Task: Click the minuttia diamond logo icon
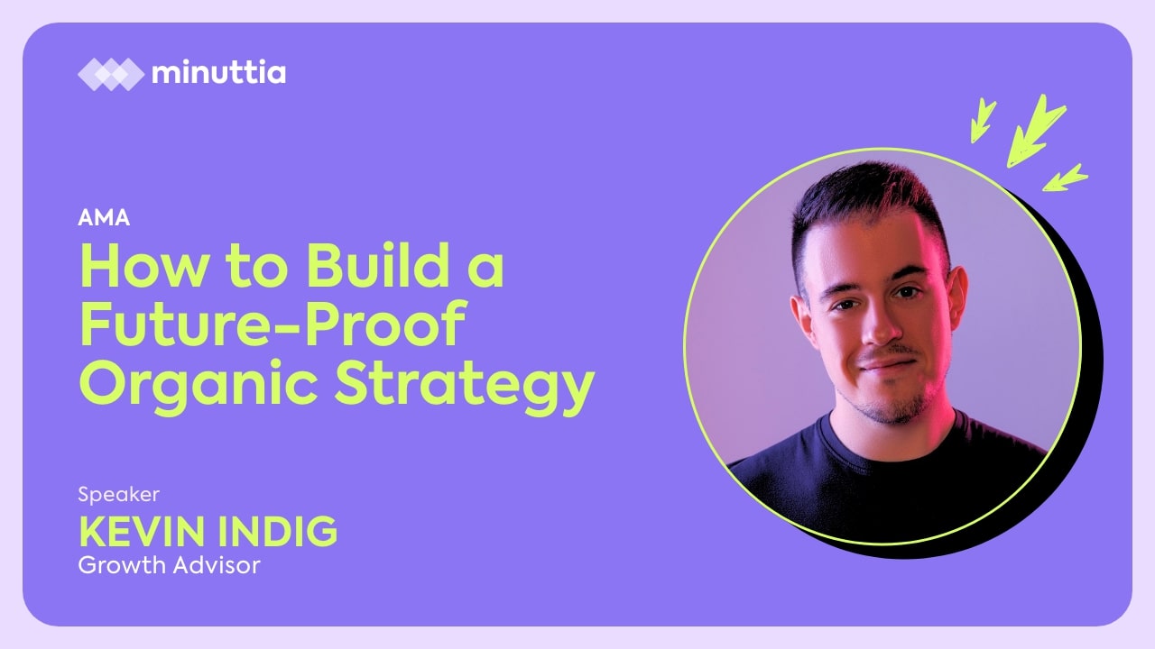[x=111, y=75]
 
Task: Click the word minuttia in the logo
[x=218, y=72]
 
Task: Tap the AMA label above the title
[x=104, y=218]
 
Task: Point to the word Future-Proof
[x=273, y=324]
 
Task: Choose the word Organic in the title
[x=199, y=384]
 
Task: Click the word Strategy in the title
[x=465, y=384]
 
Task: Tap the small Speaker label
[x=118, y=495]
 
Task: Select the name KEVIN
[x=142, y=532]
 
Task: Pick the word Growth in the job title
[x=121, y=565]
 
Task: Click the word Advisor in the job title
[x=217, y=565]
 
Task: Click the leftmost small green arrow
[x=983, y=120]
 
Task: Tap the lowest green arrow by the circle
[x=1066, y=178]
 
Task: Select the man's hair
[x=869, y=206]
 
